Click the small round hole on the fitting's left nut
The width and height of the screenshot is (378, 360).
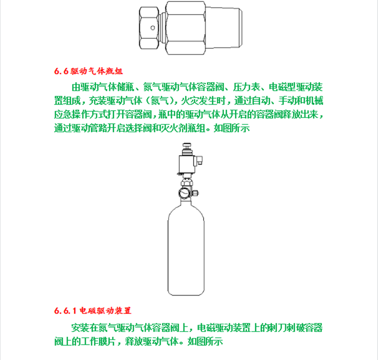tap(153, 28)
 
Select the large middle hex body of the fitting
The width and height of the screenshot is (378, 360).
tap(185, 28)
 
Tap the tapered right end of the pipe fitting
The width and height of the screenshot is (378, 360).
tap(223, 28)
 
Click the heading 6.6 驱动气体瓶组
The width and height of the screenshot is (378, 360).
tap(88, 71)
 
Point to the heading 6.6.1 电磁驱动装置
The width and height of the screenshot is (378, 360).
tap(93, 310)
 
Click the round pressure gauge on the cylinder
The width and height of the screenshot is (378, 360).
tap(184, 193)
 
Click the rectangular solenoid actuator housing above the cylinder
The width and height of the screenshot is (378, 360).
tap(187, 164)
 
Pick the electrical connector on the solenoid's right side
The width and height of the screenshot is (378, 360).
tap(199, 160)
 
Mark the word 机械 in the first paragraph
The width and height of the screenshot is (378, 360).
tap(314, 101)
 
